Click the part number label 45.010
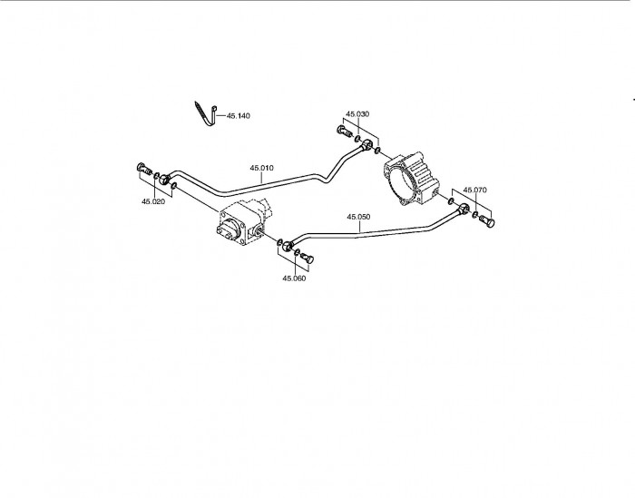pos(261,168)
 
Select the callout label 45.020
pos(153,201)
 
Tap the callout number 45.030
pos(357,113)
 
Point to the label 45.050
pos(358,217)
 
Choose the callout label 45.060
pos(294,278)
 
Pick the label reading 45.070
pos(475,190)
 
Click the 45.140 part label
pos(238,116)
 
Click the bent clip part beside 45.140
pos(206,114)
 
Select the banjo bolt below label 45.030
pos(344,132)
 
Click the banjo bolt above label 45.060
pos(308,259)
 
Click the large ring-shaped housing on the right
pos(411,178)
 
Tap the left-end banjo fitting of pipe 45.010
pos(164,178)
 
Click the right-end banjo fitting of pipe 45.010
pos(367,144)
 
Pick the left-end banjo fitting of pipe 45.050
pos(288,245)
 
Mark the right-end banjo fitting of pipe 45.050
pos(464,209)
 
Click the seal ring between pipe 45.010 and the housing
pos(377,151)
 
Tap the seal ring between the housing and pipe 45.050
pos(451,200)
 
